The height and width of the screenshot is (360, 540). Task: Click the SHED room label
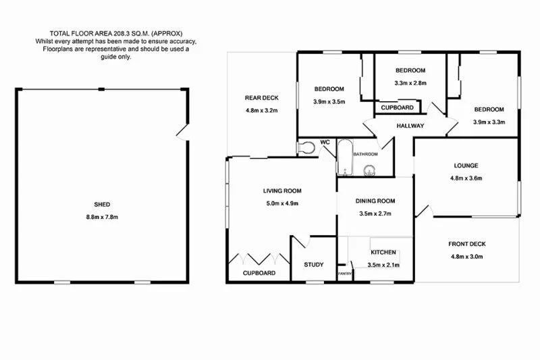pos(103,204)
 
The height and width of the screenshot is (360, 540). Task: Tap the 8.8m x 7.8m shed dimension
pos(103,217)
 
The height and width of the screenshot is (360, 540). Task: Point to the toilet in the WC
pos(308,148)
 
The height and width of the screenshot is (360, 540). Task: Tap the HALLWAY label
pos(410,126)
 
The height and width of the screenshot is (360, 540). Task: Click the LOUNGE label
pos(466,165)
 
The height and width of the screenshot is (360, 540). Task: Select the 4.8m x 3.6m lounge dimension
pos(466,178)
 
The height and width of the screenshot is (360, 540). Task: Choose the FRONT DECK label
pos(467,244)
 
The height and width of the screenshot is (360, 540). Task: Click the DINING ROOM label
pos(376,201)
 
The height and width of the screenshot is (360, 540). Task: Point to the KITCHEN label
pos(383,253)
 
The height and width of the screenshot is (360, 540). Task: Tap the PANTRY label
pos(345,274)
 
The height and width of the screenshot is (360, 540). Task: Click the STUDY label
pos(314,265)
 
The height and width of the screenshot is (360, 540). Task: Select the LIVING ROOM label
pos(281,190)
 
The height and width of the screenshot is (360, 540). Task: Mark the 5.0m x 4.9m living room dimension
pos(281,203)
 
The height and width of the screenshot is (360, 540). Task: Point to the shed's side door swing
pos(180,132)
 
